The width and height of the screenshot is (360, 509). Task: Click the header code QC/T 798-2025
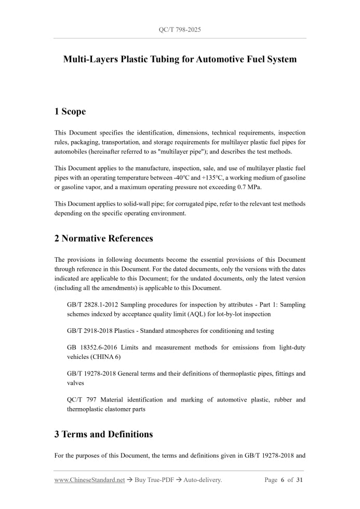click(180, 30)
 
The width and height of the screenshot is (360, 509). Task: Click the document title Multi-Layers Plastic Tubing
click(180, 59)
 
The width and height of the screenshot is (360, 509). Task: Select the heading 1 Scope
click(70, 111)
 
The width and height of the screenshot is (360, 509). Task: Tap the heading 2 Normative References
click(104, 238)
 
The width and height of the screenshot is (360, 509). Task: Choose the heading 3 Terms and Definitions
click(103, 434)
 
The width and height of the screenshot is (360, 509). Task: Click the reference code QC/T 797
click(81, 399)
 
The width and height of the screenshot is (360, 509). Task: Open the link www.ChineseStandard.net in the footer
click(89, 480)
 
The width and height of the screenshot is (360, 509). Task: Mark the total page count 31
click(299, 480)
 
